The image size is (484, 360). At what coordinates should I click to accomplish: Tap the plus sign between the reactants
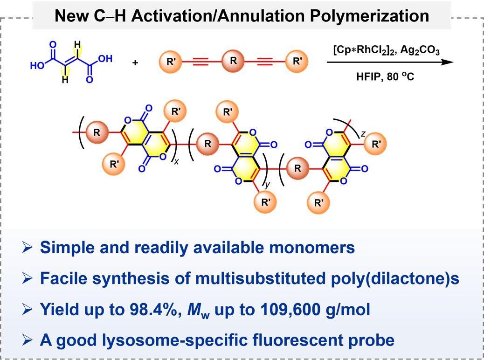click(x=136, y=62)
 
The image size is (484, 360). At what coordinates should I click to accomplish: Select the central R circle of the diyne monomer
click(x=229, y=60)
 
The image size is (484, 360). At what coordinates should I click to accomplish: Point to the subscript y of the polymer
click(x=268, y=185)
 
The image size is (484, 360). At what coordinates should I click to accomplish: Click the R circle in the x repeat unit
click(x=97, y=132)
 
